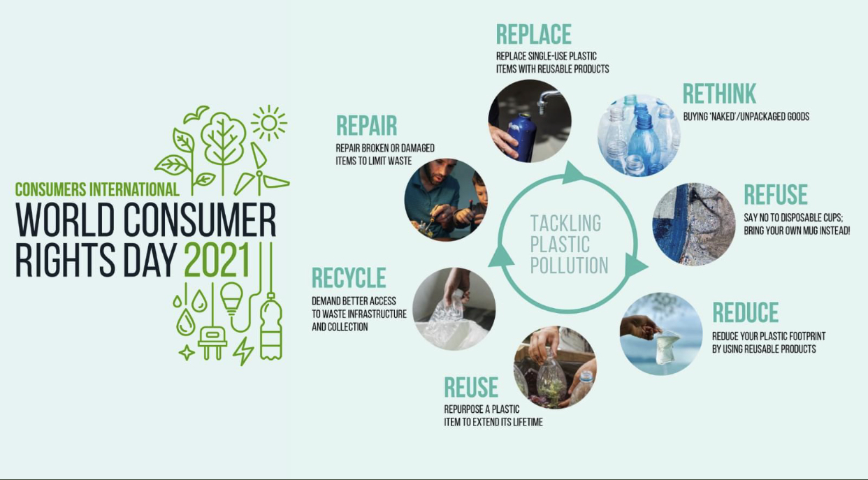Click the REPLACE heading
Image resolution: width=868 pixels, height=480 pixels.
(533, 34)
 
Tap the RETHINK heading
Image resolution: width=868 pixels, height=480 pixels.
(719, 94)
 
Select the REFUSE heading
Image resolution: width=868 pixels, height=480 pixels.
(776, 194)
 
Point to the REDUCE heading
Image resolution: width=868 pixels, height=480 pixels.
(746, 312)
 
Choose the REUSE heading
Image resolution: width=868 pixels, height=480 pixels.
(471, 387)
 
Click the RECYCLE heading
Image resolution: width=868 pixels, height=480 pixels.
(349, 277)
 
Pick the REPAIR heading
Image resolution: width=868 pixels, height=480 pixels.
(367, 125)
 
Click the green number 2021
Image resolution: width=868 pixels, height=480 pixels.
(217, 259)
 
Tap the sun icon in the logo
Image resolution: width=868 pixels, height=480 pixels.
(269, 123)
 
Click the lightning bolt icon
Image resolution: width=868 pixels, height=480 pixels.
(243, 351)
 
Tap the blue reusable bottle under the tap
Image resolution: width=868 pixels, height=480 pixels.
(521, 138)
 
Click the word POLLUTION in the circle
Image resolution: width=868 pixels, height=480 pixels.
(569, 266)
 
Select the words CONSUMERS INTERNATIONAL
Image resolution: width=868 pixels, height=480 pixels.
(97, 189)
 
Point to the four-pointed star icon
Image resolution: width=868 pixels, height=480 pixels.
(187, 353)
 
